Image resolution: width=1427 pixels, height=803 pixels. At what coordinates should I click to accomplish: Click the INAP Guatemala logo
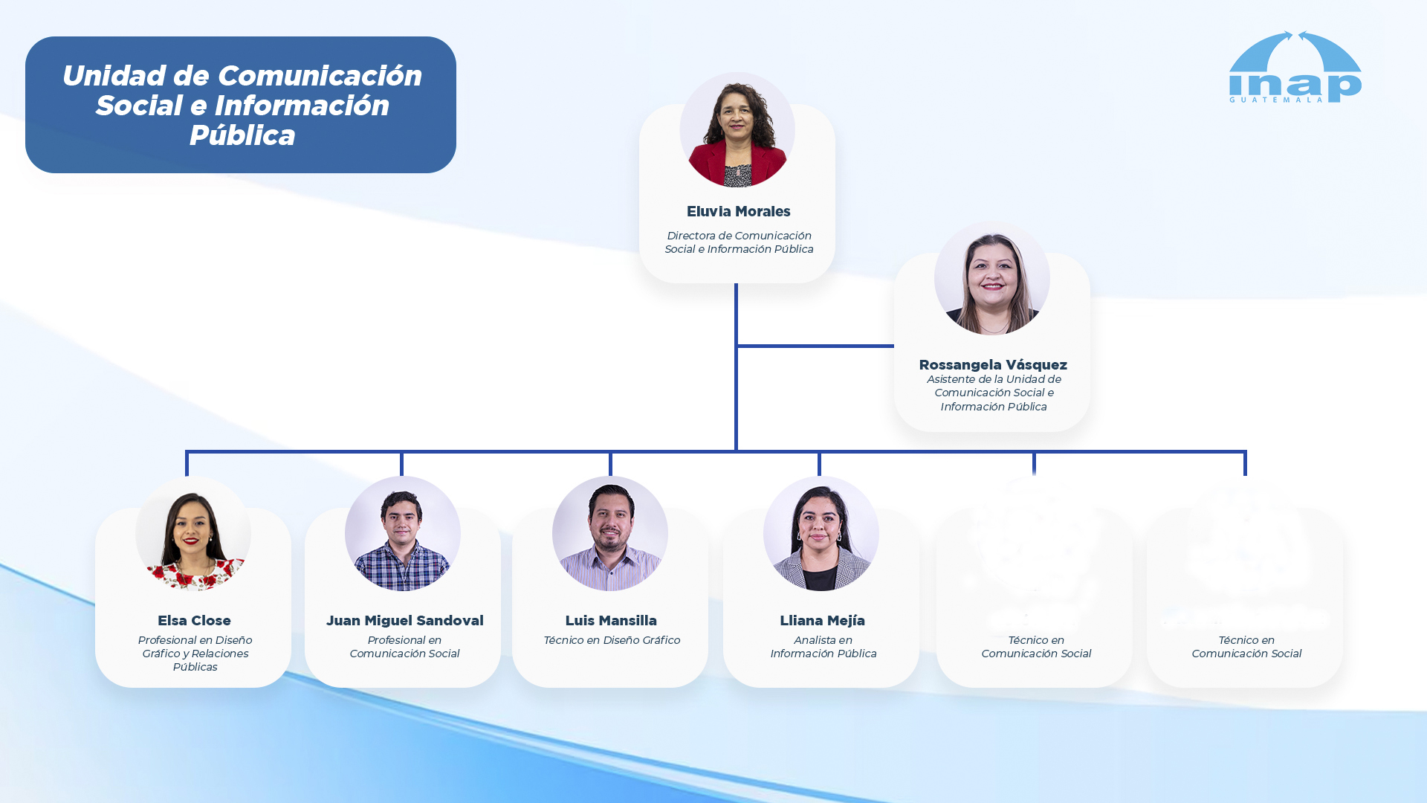point(1295,67)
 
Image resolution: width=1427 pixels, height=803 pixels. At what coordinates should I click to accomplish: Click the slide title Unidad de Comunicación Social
point(242,106)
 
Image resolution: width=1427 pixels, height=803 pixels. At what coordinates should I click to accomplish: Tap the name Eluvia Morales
point(738,212)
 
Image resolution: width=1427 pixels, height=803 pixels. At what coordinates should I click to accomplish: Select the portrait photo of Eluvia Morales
point(737,129)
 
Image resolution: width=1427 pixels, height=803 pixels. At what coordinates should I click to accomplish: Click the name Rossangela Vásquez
point(993,364)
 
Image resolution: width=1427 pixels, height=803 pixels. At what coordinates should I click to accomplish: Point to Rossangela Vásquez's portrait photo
point(992,277)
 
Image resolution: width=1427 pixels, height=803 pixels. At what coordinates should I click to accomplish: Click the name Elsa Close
point(194,621)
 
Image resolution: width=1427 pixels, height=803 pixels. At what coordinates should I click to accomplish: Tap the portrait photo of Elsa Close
point(193,534)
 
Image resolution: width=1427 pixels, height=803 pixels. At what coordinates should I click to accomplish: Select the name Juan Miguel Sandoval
point(404,621)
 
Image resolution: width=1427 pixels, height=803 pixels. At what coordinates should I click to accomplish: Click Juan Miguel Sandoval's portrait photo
point(403,534)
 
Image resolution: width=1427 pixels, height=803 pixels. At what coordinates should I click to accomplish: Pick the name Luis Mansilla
point(611,621)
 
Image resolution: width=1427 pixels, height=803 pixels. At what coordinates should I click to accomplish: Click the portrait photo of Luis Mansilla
point(610,534)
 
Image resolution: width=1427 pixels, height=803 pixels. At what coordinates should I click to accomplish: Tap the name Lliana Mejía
point(822,621)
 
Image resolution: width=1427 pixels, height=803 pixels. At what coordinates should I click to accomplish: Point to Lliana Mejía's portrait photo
point(821,534)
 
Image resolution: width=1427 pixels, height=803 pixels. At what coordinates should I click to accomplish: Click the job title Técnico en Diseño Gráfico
point(612,640)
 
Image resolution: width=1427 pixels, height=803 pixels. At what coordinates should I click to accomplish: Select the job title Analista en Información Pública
point(823,647)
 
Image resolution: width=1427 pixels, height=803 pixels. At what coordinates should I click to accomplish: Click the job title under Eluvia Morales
point(739,242)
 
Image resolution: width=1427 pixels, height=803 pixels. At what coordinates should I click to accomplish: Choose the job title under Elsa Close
point(195,654)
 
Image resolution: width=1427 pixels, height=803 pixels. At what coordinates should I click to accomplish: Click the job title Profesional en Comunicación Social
point(404,647)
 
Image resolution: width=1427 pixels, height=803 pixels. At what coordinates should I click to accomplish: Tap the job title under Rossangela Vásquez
point(994,393)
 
